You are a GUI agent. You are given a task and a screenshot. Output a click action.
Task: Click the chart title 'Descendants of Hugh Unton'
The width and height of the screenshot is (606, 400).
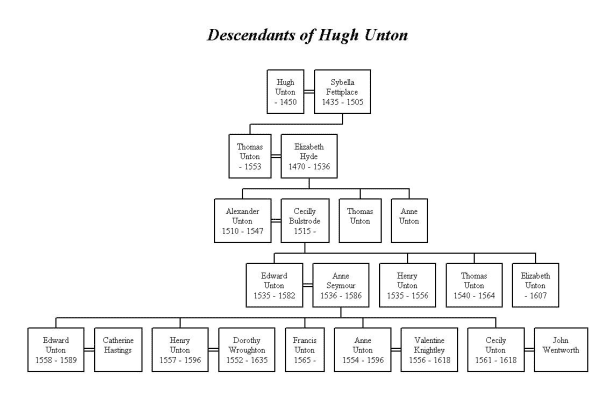point(303,36)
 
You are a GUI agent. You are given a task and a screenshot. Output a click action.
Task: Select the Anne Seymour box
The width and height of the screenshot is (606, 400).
point(336,283)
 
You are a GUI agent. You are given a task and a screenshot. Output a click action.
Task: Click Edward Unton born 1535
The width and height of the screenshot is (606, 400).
point(273,283)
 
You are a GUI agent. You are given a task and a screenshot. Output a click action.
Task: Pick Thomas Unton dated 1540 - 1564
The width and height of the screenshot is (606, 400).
point(472,283)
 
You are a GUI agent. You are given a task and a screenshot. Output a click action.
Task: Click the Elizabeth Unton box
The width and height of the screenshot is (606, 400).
point(536,283)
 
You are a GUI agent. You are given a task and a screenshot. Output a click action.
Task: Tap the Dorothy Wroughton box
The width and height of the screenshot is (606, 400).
point(245,350)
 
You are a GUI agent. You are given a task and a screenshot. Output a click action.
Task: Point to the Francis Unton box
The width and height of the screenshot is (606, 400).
point(305,350)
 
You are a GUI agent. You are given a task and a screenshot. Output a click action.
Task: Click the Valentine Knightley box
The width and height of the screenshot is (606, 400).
point(429,350)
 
